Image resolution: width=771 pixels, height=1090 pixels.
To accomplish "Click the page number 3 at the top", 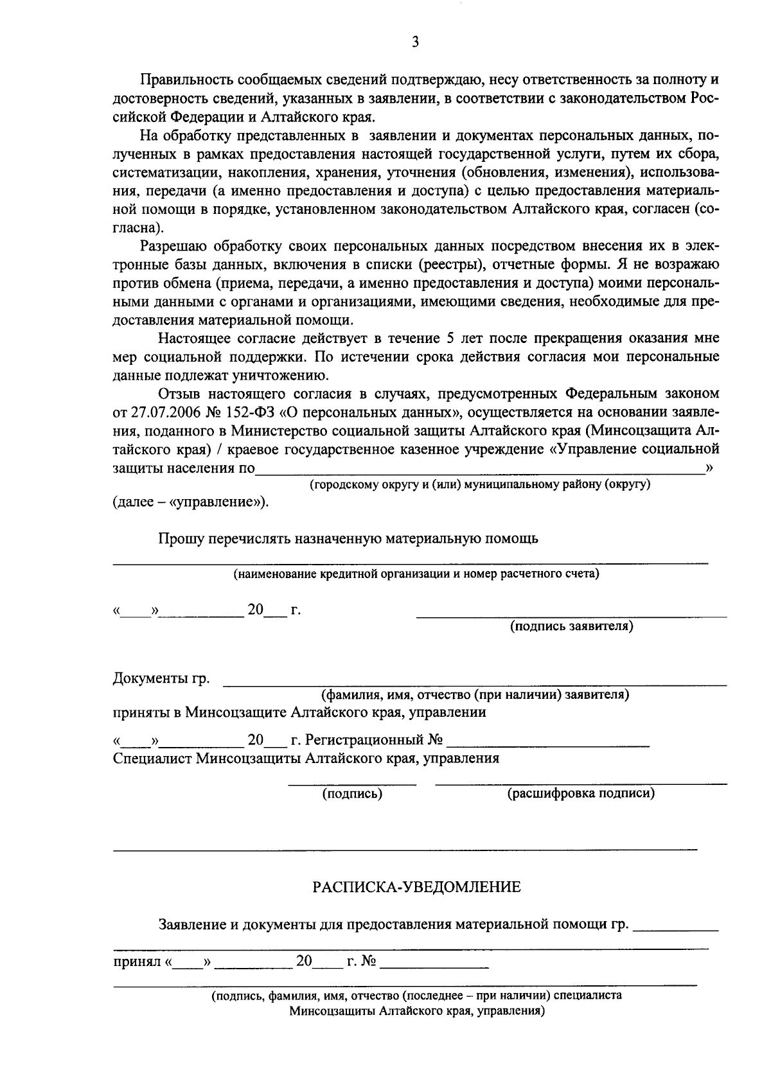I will click(x=415, y=42).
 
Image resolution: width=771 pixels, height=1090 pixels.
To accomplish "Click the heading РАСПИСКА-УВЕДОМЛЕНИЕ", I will click(x=417, y=888).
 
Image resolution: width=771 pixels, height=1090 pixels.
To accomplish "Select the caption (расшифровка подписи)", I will click(x=581, y=794).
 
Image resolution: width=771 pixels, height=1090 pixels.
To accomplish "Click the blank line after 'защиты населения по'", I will click(x=479, y=470).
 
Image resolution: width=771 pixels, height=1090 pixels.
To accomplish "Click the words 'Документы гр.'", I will click(x=161, y=679).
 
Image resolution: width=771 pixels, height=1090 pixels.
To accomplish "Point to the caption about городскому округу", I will click(x=480, y=484).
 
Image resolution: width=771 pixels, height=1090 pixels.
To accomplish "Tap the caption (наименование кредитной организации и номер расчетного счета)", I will click(x=416, y=574).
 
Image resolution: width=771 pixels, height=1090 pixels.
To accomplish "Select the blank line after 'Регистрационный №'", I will click(x=547, y=744).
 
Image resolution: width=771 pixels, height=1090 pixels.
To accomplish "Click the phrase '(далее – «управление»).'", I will click(x=191, y=502).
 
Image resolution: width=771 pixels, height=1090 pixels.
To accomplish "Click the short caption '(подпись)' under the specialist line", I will click(x=352, y=794).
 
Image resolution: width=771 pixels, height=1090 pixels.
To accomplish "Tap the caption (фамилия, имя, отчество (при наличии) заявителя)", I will click(x=475, y=695).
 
